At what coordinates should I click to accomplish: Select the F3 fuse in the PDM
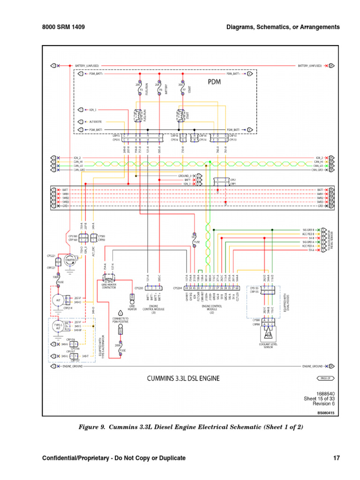point(139,89)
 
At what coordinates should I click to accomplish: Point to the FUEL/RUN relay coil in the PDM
point(139,115)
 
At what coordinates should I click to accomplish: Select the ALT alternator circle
point(58,299)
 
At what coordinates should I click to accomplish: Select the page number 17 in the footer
point(336,458)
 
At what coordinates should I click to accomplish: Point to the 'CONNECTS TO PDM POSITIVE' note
point(120,320)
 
